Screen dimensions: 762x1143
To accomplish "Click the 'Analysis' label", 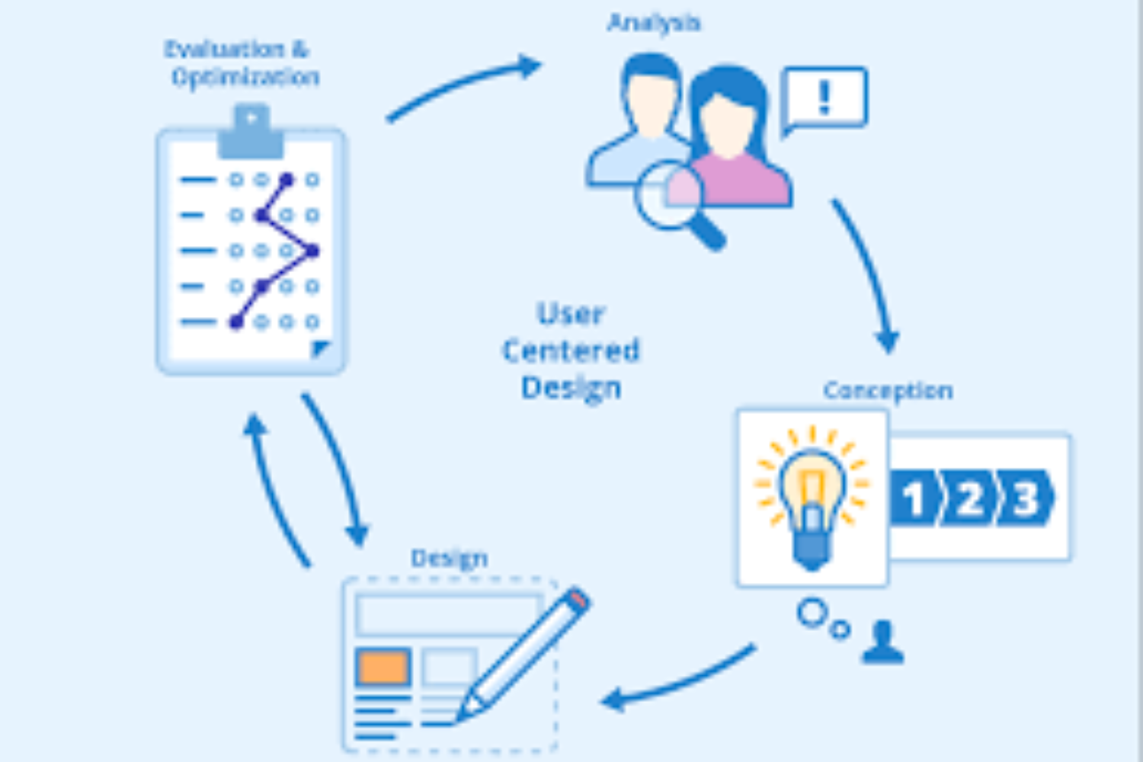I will tap(654, 23).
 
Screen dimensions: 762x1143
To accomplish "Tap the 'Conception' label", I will tap(888, 390).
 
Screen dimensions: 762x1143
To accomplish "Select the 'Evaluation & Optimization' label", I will tap(242, 63).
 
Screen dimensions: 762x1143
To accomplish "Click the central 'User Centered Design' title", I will tap(571, 351).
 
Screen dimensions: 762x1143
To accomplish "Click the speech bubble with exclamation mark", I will tap(824, 98).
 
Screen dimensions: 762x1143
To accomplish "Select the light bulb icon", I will tap(812, 499).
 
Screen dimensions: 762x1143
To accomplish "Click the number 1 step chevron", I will tap(914, 499).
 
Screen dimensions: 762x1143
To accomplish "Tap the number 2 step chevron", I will tap(969, 499).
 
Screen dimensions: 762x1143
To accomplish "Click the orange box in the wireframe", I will tap(383, 667).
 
